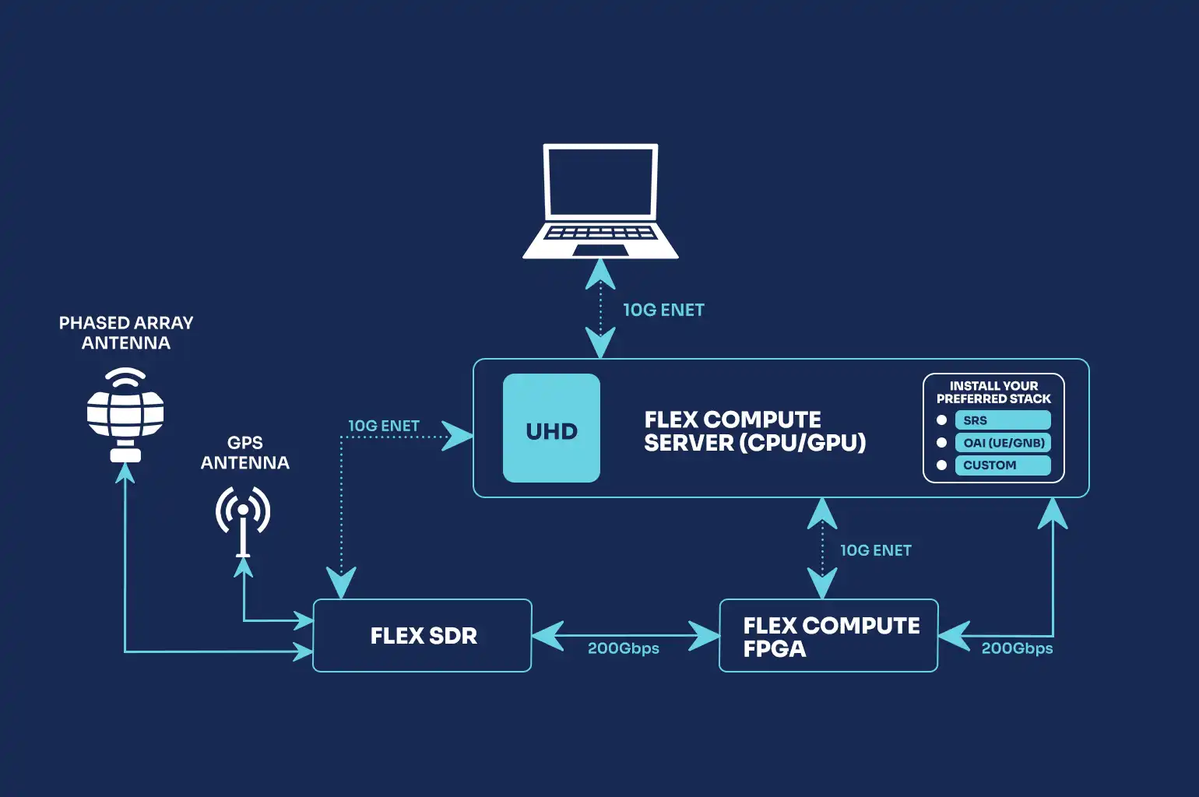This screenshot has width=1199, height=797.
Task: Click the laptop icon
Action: pos(600,201)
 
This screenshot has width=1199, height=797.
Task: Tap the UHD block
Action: pos(551,427)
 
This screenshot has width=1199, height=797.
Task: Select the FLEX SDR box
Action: pos(422,635)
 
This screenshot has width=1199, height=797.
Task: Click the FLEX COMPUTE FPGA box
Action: pos(828,635)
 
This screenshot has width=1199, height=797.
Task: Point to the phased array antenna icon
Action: pos(125,415)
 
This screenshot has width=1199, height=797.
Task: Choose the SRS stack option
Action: pos(1003,420)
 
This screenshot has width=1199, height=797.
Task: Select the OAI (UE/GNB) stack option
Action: pos(1003,443)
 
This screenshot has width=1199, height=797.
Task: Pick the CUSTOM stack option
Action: pos(1003,465)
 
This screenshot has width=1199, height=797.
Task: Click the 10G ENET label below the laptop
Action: pos(663,310)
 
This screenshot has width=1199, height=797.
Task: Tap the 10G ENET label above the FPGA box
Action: pos(876,550)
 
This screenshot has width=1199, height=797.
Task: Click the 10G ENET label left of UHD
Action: pos(384,426)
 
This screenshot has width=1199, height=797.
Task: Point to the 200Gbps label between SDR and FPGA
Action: pos(624,648)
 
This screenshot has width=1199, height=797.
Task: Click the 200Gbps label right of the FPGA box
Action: pos(1017,648)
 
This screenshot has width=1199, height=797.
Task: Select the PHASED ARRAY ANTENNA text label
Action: pos(126,332)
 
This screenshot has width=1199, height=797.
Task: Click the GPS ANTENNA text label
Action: pos(245,452)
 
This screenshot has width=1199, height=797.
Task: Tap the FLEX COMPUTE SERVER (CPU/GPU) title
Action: pos(754,431)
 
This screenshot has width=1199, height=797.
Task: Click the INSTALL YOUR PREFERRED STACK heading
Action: pos(993,391)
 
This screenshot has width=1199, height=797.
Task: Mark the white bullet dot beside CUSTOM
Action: pos(941,465)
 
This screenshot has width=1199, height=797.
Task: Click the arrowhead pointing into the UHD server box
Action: pos(458,436)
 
